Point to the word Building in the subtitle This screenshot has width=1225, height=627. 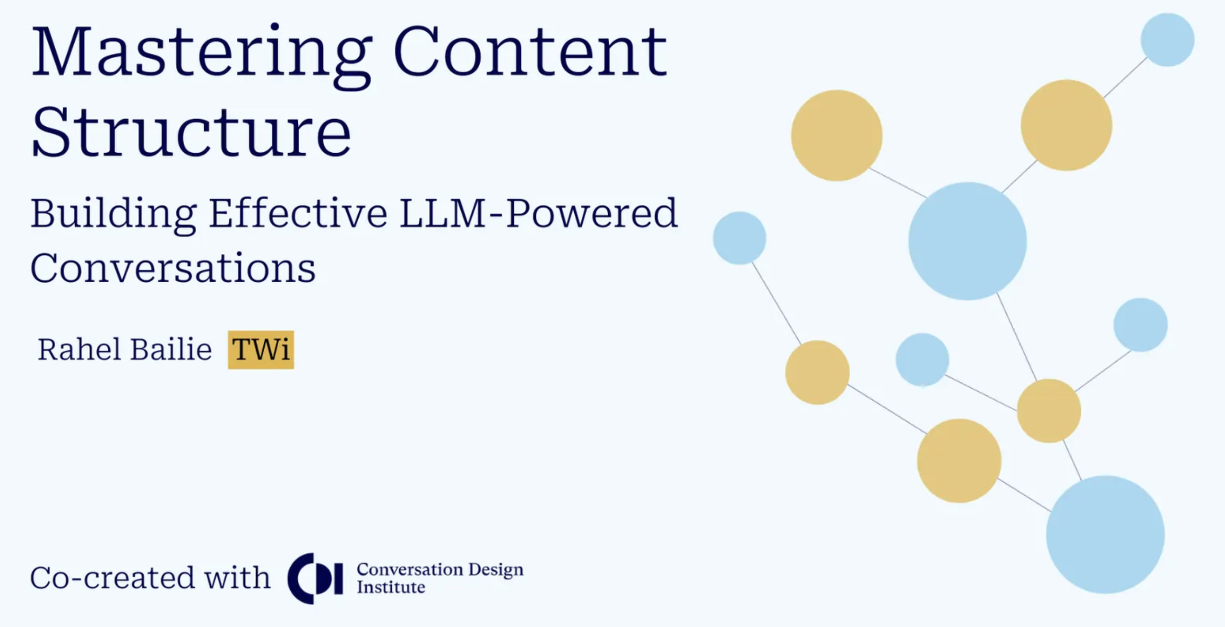[113, 214]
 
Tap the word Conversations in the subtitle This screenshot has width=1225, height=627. [173, 269]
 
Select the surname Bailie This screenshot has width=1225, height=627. [171, 349]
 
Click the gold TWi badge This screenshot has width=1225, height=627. [260, 350]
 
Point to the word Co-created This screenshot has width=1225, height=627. [112, 578]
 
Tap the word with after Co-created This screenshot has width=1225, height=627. [237, 578]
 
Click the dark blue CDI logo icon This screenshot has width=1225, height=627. [315, 578]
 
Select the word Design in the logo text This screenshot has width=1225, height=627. [495, 569]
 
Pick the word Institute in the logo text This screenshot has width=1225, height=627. [391, 587]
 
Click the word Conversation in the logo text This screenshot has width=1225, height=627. [409, 569]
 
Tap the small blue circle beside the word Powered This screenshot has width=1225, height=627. [739, 238]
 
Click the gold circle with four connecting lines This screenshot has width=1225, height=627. [1049, 410]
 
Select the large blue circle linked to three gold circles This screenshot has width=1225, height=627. [967, 241]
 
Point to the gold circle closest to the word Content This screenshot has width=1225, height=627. [837, 136]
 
